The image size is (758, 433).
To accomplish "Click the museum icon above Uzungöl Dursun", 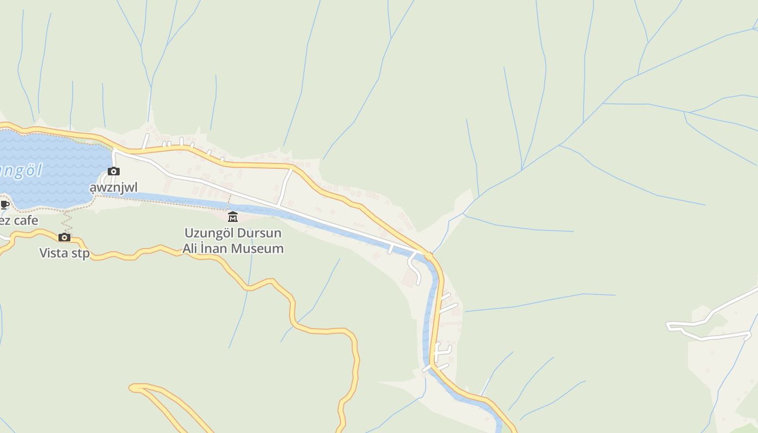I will [233, 217].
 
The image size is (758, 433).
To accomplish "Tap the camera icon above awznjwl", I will [114, 172].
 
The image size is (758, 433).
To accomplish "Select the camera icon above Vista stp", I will [64, 237].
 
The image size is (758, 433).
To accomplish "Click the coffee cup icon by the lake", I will [4, 205].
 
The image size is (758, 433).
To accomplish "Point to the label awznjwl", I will [114, 188].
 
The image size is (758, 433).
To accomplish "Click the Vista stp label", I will [64, 253].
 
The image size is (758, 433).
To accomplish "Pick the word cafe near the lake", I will [26, 220].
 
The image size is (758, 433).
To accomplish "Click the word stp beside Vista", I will [80, 253].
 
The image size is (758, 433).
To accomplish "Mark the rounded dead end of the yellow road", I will [133, 387].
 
